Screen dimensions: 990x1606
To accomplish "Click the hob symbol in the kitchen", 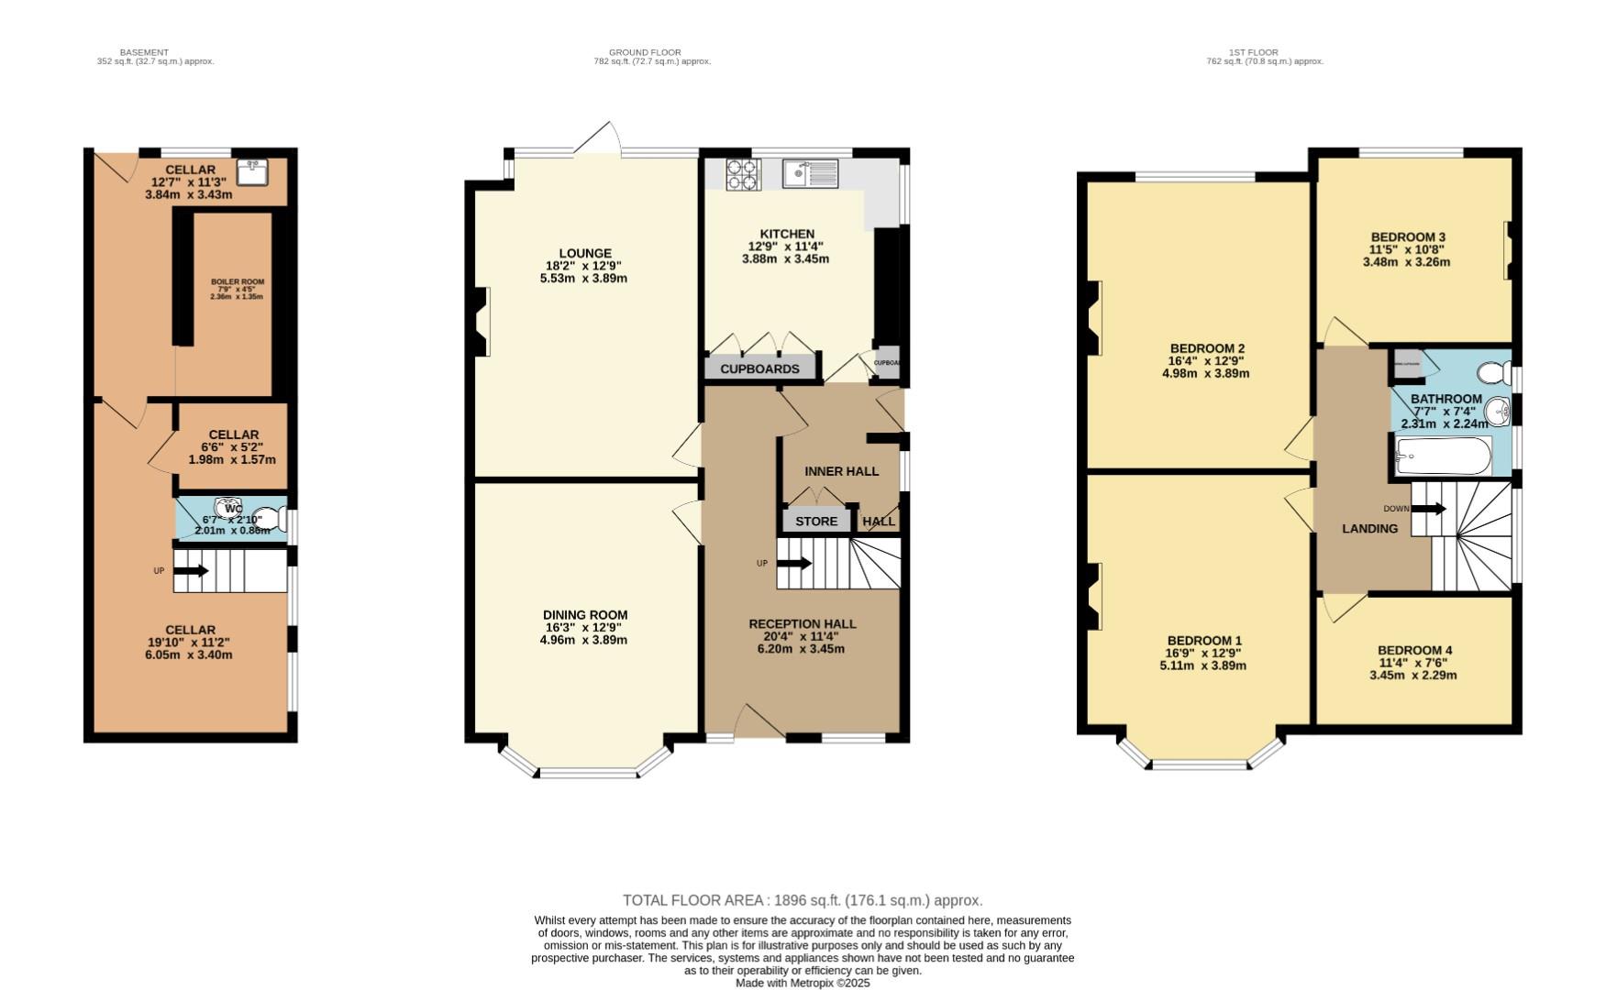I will click(743, 174).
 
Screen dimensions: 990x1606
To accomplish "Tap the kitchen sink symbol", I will click(810, 173).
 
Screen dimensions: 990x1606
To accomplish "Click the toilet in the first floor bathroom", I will click(1494, 372).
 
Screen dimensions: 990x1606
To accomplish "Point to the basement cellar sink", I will click(250, 171).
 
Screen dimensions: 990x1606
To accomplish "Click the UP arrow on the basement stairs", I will click(191, 571).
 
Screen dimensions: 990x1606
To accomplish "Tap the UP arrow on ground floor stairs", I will click(794, 563).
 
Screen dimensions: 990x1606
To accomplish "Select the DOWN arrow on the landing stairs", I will click(1429, 509).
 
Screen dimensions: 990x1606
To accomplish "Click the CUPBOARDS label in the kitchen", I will click(759, 368).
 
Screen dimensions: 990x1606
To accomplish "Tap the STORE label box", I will click(816, 521).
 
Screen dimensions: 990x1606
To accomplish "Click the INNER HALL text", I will click(841, 471).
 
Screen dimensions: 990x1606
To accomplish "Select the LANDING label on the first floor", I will click(1369, 529).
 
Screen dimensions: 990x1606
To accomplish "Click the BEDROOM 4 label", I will click(1414, 650).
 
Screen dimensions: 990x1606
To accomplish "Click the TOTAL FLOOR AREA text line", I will click(803, 900).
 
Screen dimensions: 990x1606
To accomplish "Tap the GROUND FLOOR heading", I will click(645, 52).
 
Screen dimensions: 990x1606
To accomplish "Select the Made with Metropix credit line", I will click(803, 983).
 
